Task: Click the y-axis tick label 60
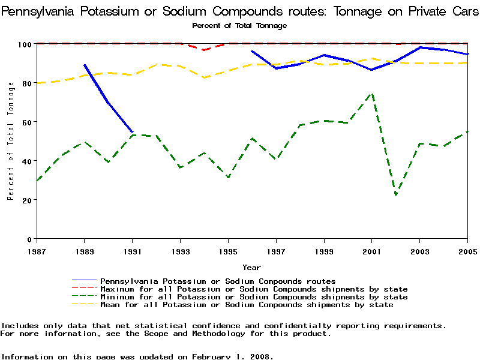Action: click(26, 122)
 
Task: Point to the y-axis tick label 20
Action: click(26, 200)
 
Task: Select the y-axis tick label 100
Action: click(24, 44)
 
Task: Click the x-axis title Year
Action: click(251, 267)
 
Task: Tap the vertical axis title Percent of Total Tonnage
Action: click(10, 142)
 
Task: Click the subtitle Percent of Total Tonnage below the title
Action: click(239, 26)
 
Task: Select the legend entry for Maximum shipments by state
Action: click(254, 289)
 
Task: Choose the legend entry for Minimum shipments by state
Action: click(254, 297)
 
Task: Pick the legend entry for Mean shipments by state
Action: click(247, 305)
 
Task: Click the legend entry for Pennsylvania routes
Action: click(218, 281)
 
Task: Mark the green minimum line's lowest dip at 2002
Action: click(396, 194)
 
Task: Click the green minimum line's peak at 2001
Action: click(372, 94)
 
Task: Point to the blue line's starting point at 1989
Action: click(85, 65)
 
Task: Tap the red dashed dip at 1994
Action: click(204, 50)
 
